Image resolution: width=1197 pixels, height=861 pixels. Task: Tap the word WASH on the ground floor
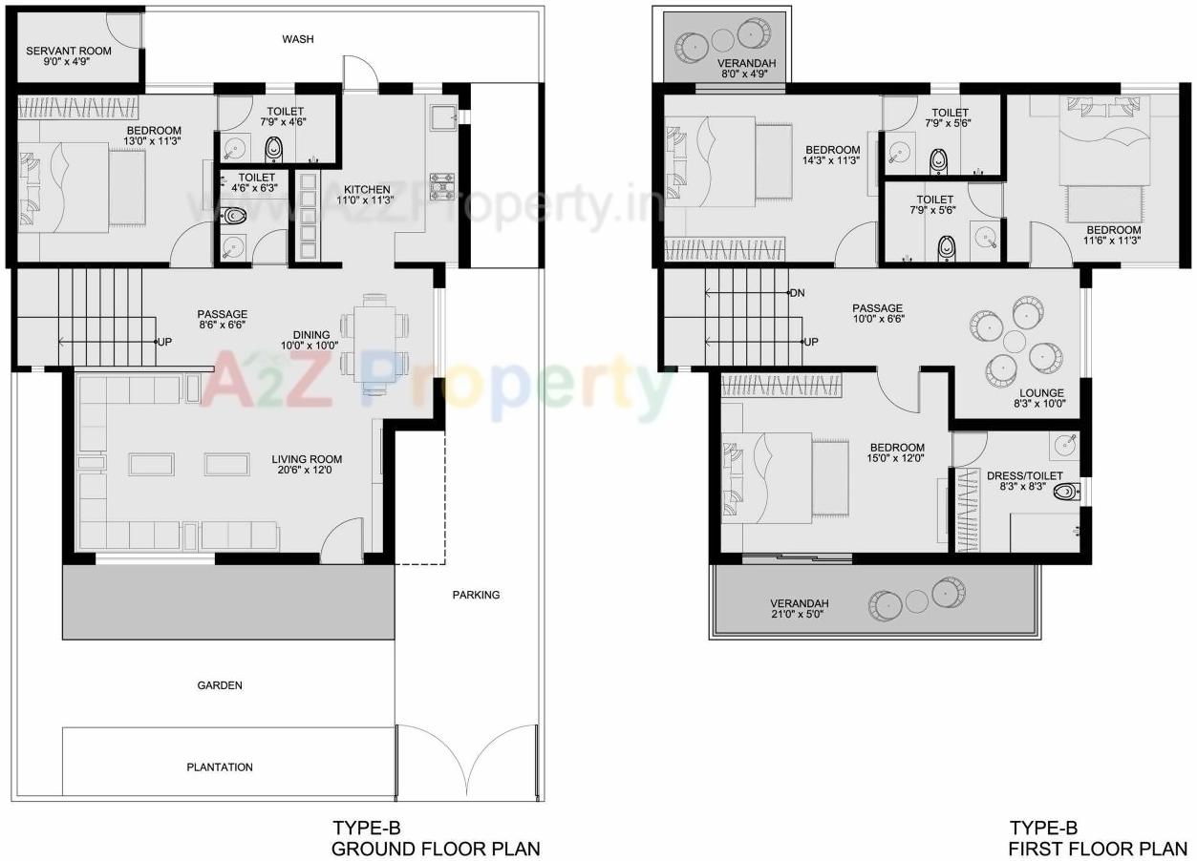[x=298, y=39]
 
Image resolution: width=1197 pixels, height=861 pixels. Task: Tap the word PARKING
[x=476, y=595]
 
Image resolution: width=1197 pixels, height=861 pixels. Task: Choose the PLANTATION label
[x=220, y=767]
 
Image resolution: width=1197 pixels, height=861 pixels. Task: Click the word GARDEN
[x=220, y=685]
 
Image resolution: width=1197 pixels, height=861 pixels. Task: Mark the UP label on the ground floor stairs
[x=164, y=341]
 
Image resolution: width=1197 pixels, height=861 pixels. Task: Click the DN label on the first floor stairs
[x=798, y=292]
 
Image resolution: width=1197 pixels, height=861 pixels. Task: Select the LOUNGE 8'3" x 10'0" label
[x=1041, y=399]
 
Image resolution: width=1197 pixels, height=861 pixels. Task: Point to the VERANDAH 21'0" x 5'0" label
[x=800, y=609]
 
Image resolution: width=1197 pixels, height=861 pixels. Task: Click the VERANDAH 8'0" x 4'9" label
[x=747, y=69]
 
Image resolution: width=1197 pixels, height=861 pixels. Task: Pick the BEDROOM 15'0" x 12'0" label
[x=897, y=453]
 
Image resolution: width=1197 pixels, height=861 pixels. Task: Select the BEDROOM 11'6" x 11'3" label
[x=1113, y=236]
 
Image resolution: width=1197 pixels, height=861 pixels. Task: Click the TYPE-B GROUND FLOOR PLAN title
[x=436, y=838]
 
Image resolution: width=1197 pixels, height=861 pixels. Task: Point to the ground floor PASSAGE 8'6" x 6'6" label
[x=222, y=320]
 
